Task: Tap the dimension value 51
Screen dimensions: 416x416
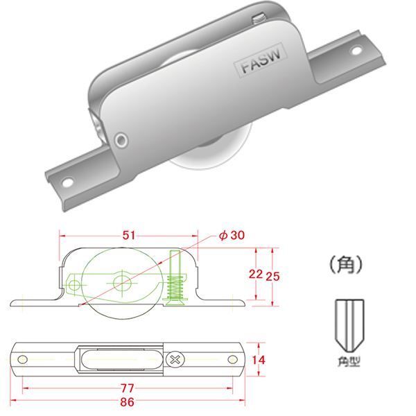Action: (x=128, y=236)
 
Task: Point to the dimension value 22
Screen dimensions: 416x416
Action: (x=255, y=274)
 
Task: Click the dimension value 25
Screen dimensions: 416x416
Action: (x=273, y=274)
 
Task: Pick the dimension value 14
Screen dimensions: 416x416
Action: (x=259, y=359)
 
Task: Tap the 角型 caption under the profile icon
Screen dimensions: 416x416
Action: (x=353, y=361)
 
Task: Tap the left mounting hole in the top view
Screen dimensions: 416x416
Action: (x=23, y=359)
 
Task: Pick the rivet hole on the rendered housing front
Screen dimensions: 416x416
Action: (x=122, y=139)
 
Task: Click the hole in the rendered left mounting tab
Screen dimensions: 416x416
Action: (x=69, y=182)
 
